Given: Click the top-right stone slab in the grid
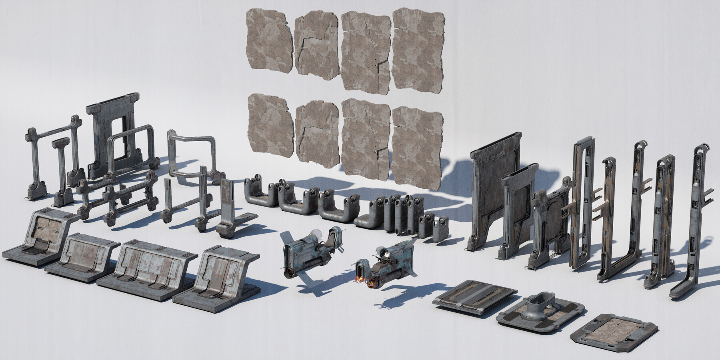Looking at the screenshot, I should (x=418, y=44).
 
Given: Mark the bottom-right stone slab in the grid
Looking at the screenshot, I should (x=416, y=148).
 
